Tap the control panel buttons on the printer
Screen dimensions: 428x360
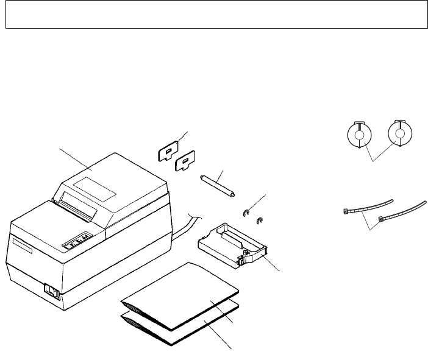(x=78, y=240)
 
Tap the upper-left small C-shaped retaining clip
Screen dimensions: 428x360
(x=246, y=213)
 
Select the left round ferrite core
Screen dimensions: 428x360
(x=358, y=135)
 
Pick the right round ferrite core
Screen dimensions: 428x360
(x=399, y=134)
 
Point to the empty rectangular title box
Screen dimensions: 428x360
(x=214, y=14)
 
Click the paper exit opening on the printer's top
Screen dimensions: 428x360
(x=76, y=206)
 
